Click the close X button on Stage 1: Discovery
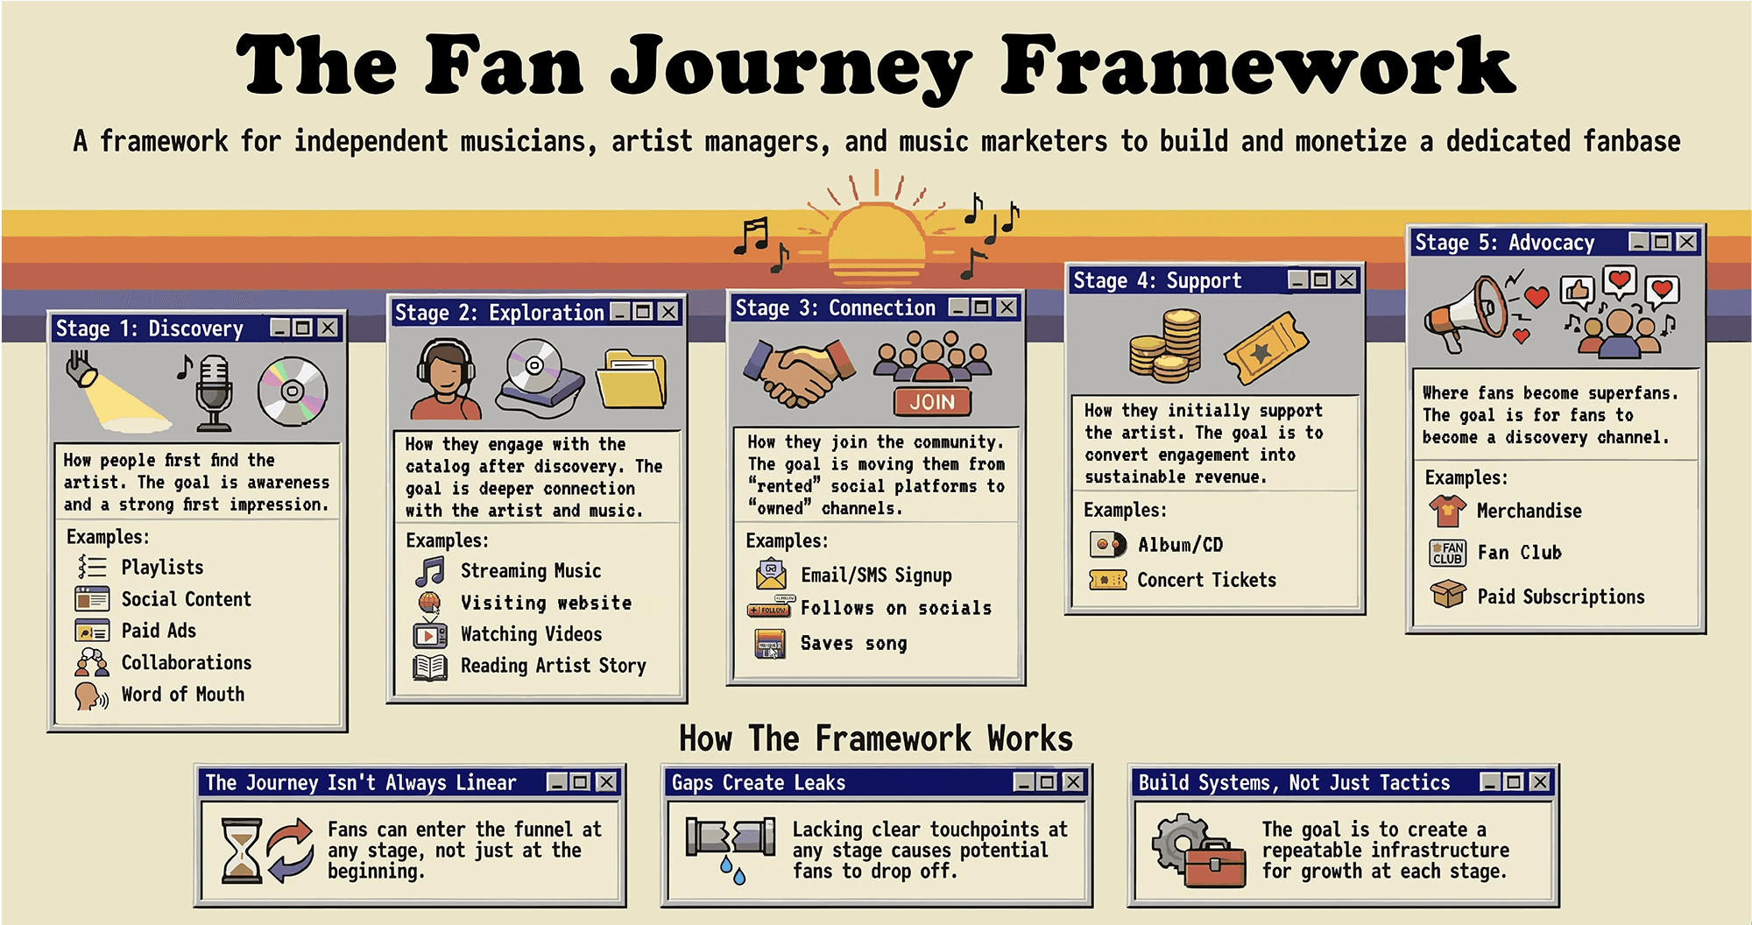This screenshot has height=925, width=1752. coord(328,328)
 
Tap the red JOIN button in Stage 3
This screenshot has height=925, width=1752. coord(932,401)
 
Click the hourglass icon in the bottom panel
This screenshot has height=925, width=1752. coord(242,850)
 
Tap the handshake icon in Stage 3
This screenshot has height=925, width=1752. coord(797,373)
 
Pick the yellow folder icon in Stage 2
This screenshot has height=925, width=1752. coord(631,378)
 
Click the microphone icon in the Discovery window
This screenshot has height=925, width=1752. coord(213,392)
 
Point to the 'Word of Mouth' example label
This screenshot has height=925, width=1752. coord(182,695)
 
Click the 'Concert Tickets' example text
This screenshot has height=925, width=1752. coord(1206,580)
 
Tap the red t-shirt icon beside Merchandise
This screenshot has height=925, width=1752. coord(1447,510)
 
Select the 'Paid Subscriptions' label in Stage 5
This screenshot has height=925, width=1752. coord(1560,597)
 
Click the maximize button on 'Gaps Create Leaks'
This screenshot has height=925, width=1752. coord(1047,781)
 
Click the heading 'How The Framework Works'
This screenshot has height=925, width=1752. coord(875,738)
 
